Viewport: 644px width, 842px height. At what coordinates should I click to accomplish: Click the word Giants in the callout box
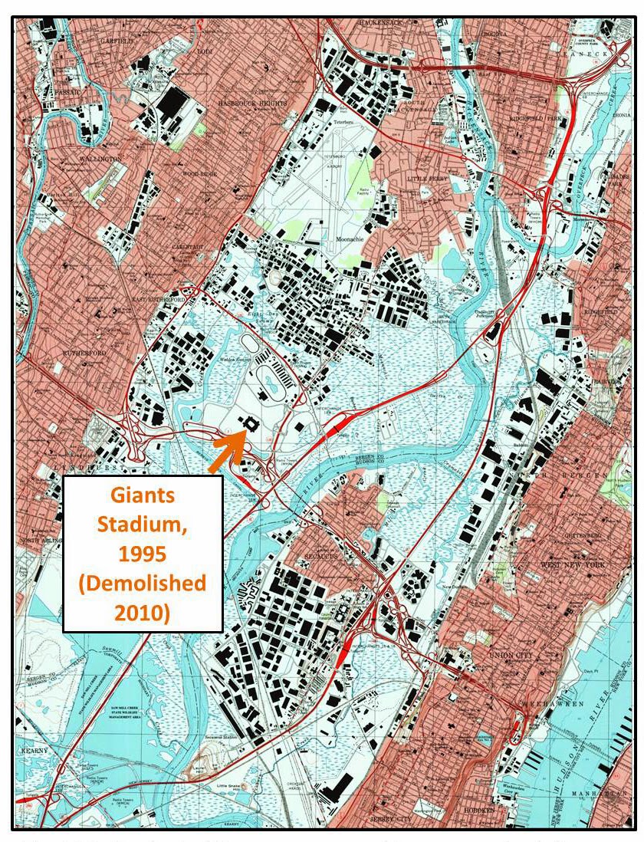(143, 495)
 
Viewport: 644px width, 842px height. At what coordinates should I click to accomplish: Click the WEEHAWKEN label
(560, 703)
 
